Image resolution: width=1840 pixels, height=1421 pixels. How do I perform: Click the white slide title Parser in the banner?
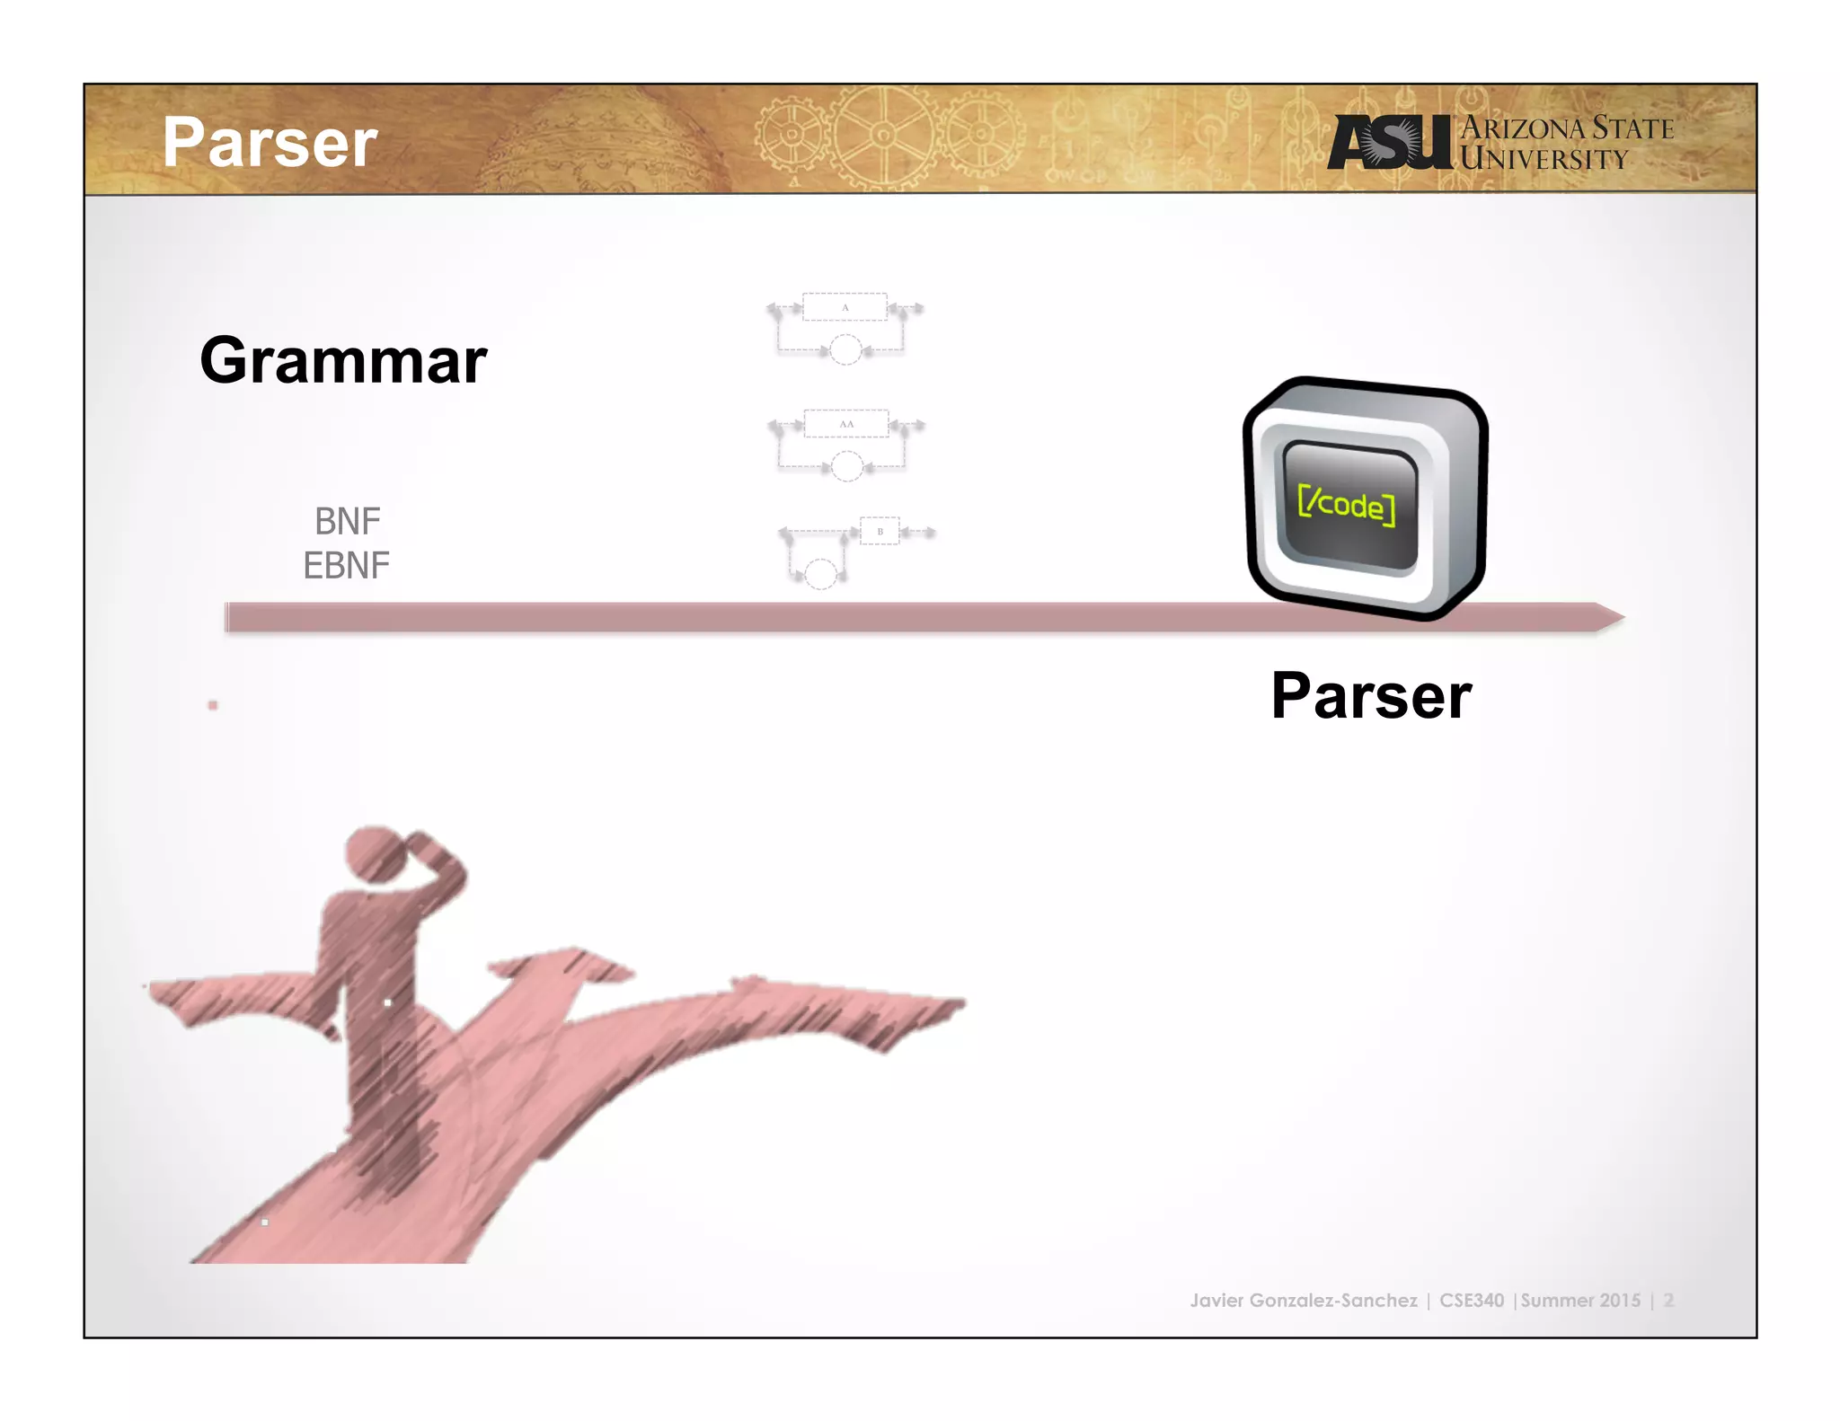(270, 143)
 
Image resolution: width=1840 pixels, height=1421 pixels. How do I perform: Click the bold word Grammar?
(343, 361)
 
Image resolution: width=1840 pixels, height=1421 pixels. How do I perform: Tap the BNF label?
(347, 521)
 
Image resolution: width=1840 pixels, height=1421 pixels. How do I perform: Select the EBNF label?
(346, 566)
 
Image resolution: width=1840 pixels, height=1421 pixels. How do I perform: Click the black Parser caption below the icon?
(1371, 696)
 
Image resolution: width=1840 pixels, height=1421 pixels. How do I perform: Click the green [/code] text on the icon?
(1347, 504)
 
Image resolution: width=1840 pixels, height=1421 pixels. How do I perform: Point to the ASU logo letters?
(1388, 143)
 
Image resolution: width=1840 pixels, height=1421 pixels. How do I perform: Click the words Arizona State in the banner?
(1567, 128)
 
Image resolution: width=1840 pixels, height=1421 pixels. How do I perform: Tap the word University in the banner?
(1544, 160)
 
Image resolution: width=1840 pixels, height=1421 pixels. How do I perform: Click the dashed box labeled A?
(845, 307)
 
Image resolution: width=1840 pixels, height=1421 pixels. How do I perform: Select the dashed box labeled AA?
(846, 423)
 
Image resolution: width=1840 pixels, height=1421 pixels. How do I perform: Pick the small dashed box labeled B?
(880, 531)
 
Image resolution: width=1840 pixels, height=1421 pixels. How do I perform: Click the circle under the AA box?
(846, 466)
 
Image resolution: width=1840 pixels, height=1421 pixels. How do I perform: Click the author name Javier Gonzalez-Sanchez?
(1303, 1300)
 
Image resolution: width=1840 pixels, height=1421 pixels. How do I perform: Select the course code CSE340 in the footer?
(1471, 1300)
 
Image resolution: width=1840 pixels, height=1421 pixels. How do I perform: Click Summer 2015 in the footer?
(1580, 1300)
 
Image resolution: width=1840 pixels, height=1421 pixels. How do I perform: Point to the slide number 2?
(1668, 1300)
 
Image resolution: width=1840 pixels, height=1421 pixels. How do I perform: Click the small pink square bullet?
(213, 705)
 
